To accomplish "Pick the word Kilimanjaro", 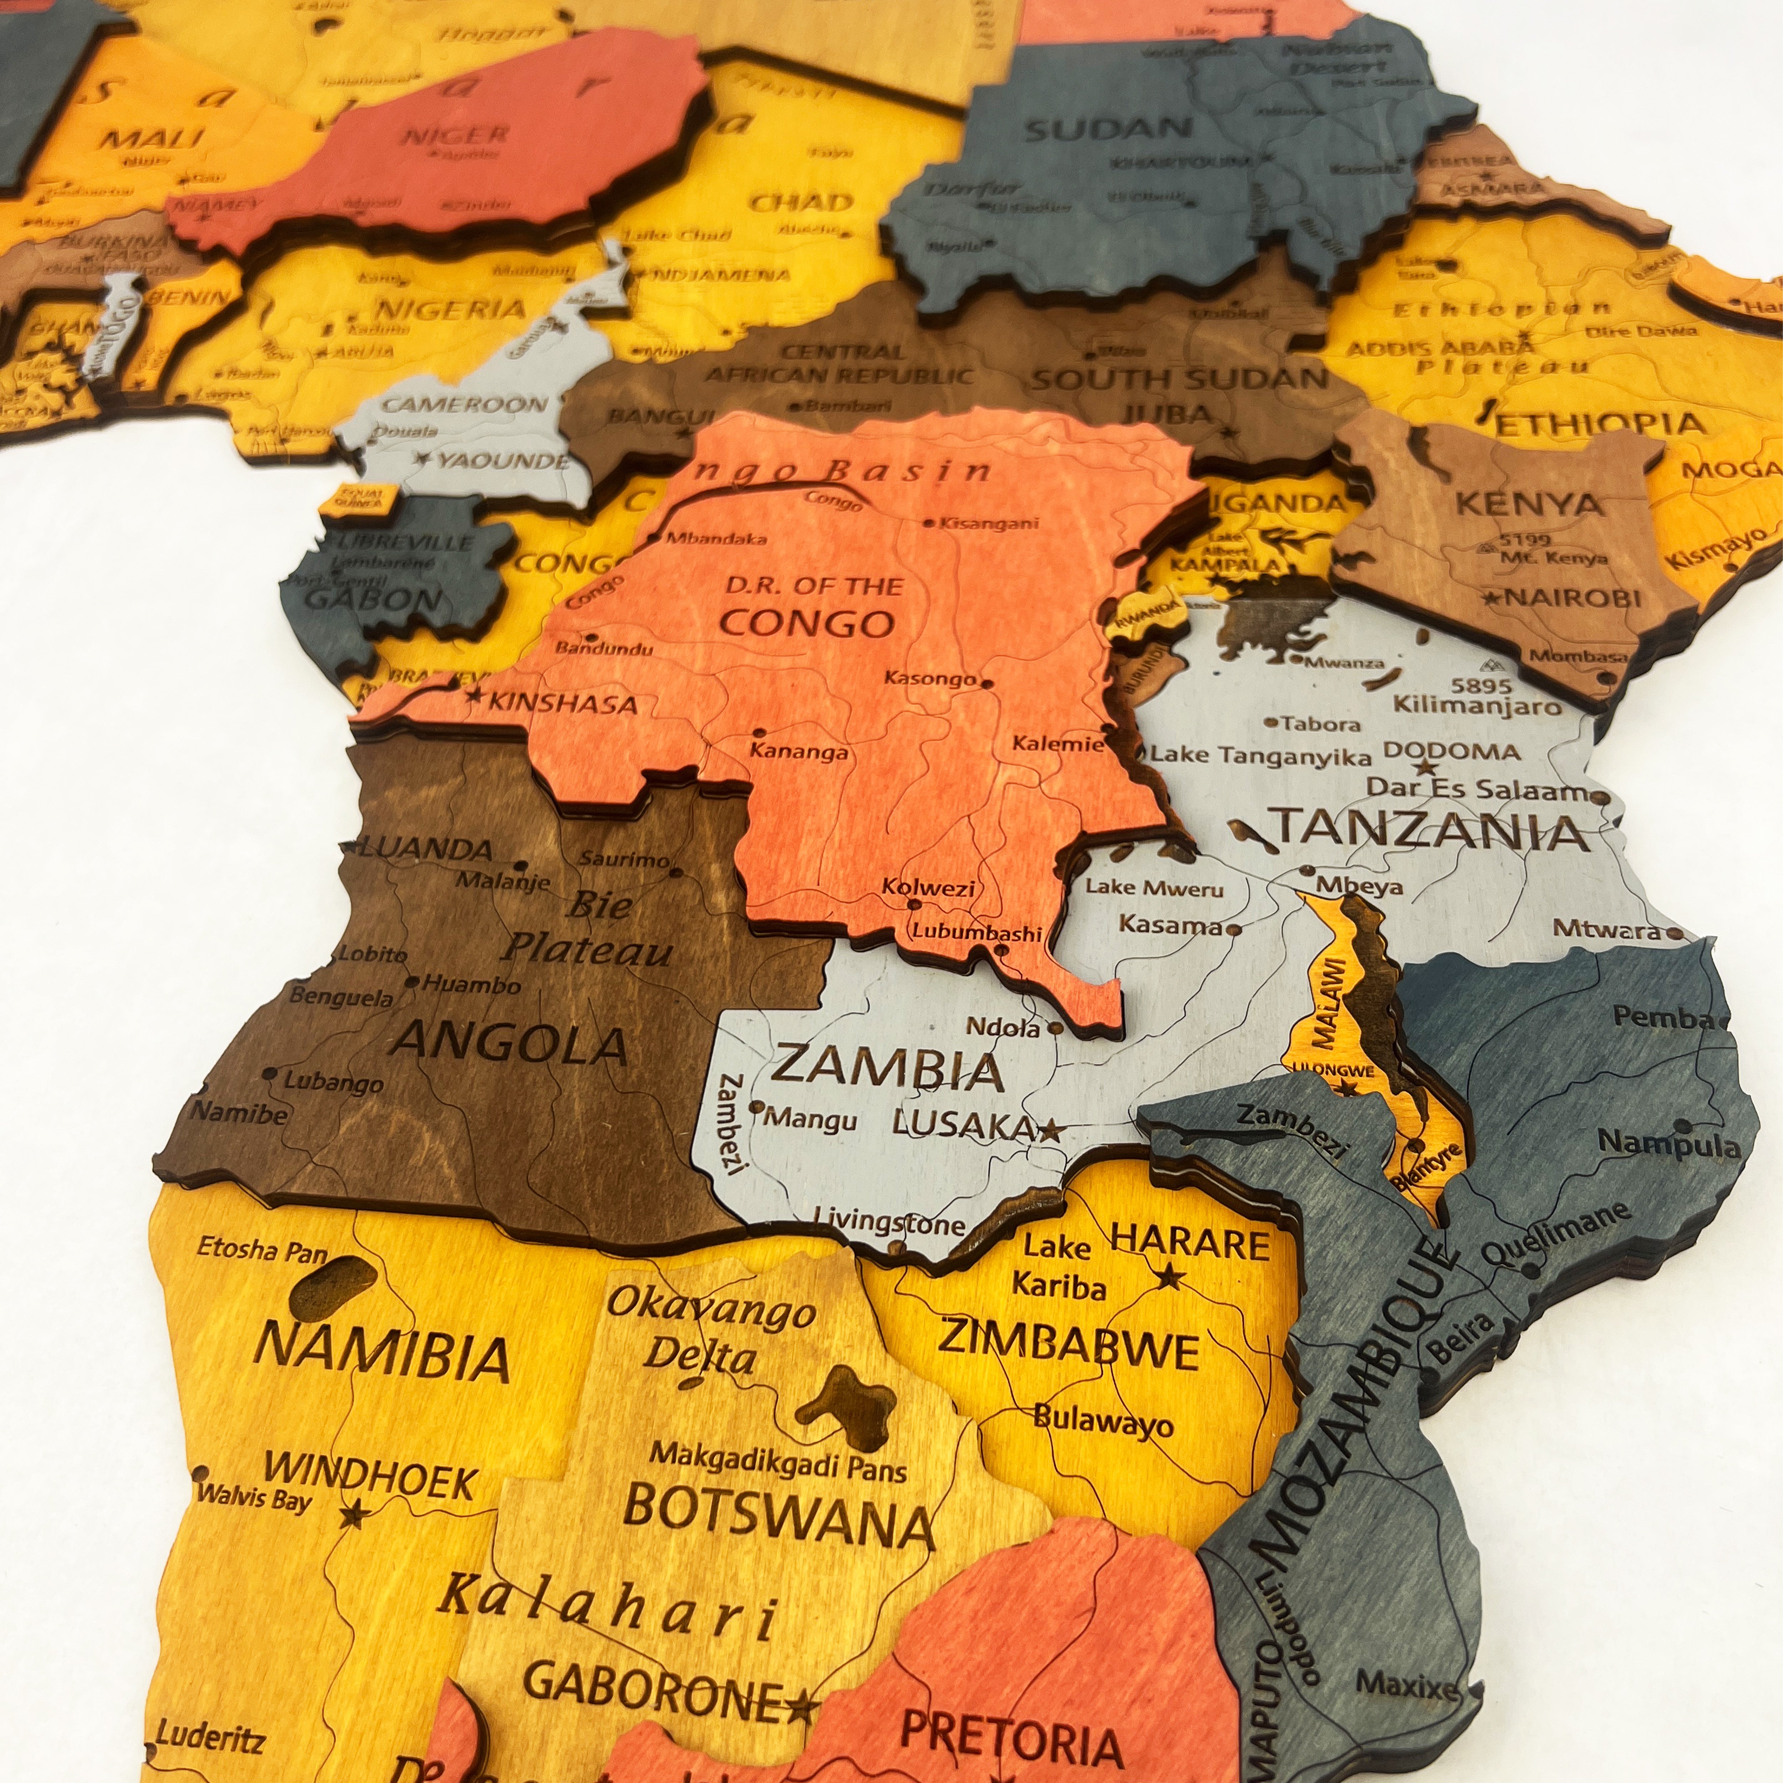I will [1477, 706].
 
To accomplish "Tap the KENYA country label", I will [1529, 504].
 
